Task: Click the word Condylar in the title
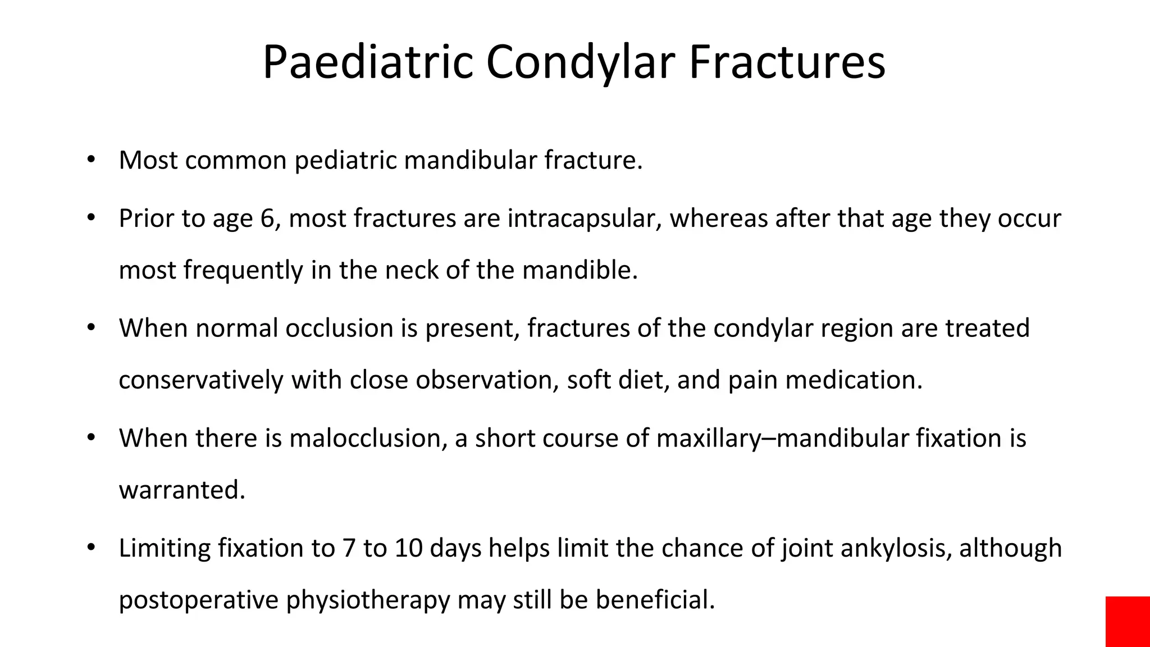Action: coord(580,62)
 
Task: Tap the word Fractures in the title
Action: coord(787,62)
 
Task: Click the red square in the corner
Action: coord(1128,621)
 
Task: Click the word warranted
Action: coord(182,490)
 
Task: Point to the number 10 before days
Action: coord(408,548)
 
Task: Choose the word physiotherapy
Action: coord(368,600)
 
